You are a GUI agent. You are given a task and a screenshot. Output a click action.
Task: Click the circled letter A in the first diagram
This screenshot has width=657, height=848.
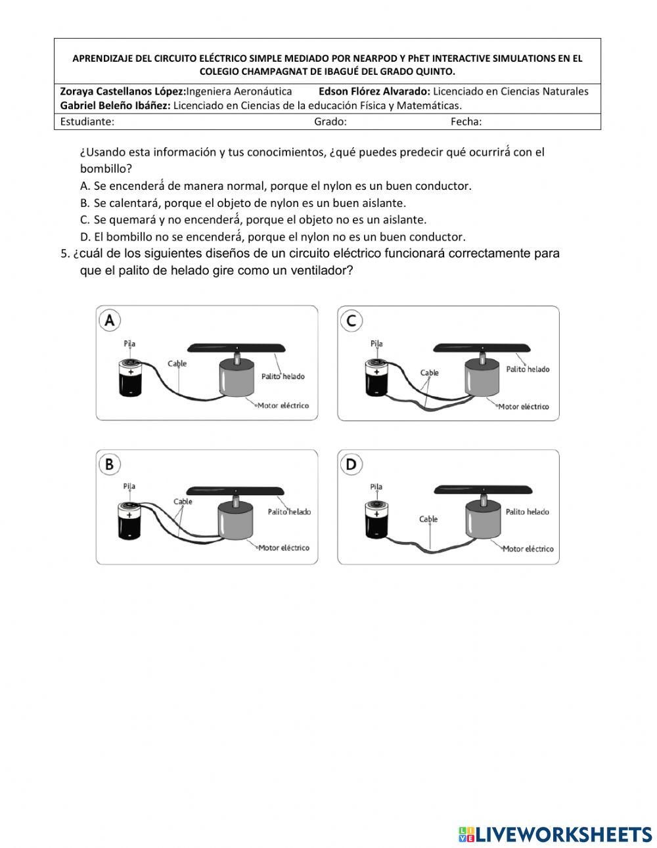tap(110, 320)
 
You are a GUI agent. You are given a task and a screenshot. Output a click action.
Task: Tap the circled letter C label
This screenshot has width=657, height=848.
tap(351, 320)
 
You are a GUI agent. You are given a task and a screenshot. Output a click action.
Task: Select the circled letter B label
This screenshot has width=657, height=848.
tap(110, 464)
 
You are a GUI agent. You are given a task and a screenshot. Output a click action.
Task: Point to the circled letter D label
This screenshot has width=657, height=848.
tap(351, 464)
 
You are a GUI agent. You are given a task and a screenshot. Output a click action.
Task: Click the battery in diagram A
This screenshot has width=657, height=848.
tap(131, 378)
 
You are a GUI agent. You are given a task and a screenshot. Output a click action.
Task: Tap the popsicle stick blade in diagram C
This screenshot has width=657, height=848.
tap(482, 347)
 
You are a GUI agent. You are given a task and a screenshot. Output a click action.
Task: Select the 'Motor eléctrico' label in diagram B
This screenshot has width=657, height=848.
tap(283, 548)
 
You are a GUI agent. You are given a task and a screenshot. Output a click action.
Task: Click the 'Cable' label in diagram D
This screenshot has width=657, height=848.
tap(428, 519)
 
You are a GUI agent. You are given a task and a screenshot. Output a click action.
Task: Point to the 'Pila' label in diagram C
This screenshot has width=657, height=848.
tap(376, 344)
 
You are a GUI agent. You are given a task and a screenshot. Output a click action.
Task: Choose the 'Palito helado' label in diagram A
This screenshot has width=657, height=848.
tap(283, 376)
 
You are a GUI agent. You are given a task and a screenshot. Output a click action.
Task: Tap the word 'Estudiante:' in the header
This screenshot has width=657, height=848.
tap(87, 122)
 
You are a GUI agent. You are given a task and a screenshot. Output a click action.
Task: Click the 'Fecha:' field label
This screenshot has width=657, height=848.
tap(466, 122)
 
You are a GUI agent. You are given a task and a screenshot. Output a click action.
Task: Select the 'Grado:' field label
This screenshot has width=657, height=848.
tap(330, 122)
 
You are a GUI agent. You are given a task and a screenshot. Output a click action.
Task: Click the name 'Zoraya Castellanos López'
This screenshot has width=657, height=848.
tap(123, 91)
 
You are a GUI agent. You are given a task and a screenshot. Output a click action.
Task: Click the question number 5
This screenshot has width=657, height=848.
tap(64, 254)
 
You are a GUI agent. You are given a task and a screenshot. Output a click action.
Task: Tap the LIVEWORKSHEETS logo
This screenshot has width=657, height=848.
tap(555, 834)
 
